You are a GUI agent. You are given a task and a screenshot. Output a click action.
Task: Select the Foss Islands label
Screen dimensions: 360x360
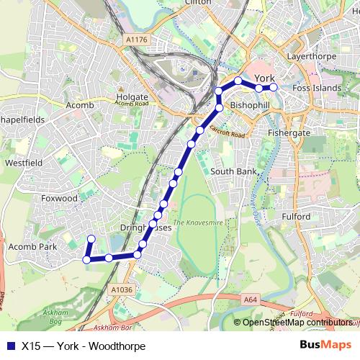click(x=318, y=88)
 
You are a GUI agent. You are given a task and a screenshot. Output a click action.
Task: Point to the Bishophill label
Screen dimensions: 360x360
click(x=250, y=104)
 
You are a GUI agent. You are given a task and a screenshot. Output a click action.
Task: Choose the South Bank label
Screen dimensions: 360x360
click(x=233, y=171)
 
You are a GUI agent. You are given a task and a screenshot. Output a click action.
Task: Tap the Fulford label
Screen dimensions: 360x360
click(x=296, y=216)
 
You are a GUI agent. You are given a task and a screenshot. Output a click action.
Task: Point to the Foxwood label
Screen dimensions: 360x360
click(x=59, y=198)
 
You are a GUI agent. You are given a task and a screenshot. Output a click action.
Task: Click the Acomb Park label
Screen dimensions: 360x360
click(x=32, y=246)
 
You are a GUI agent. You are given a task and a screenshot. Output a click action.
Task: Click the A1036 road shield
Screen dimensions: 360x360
click(x=122, y=289)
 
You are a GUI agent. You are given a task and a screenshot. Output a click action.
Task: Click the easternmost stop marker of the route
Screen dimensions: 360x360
click(x=274, y=88)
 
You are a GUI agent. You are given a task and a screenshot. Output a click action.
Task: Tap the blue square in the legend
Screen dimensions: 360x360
click(x=9, y=345)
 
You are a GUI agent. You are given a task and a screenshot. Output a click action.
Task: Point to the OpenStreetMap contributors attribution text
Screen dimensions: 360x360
click(x=297, y=323)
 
